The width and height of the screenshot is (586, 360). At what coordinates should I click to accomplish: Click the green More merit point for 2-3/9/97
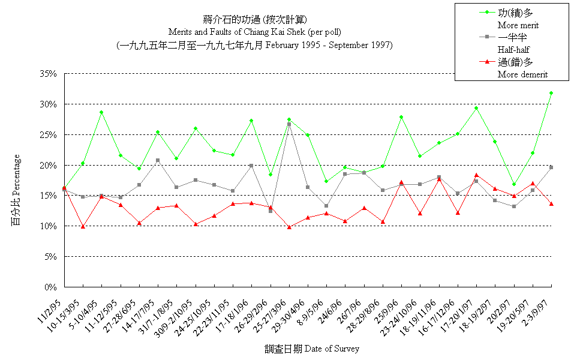click(551, 93)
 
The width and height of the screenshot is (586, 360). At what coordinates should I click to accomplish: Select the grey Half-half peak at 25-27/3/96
click(289, 124)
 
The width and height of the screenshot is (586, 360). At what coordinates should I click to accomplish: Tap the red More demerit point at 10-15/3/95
click(83, 226)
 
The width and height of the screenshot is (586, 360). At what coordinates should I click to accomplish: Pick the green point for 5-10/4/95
click(101, 112)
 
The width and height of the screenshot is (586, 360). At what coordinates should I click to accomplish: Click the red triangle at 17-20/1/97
click(476, 175)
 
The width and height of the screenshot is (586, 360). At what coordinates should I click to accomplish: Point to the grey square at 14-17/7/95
click(158, 160)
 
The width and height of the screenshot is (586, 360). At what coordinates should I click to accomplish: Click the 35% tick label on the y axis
click(47, 74)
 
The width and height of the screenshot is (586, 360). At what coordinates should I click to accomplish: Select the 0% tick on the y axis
click(50, 287)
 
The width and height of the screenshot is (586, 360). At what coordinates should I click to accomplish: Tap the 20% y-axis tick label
click(47, 165)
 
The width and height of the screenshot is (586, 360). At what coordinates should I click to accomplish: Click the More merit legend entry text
click(518, 25)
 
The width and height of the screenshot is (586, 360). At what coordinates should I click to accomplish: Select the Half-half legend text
click(514, 50)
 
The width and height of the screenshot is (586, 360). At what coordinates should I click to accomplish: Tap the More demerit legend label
click(522, 74)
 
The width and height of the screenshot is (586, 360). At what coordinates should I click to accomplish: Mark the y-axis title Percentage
click(16, 180)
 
